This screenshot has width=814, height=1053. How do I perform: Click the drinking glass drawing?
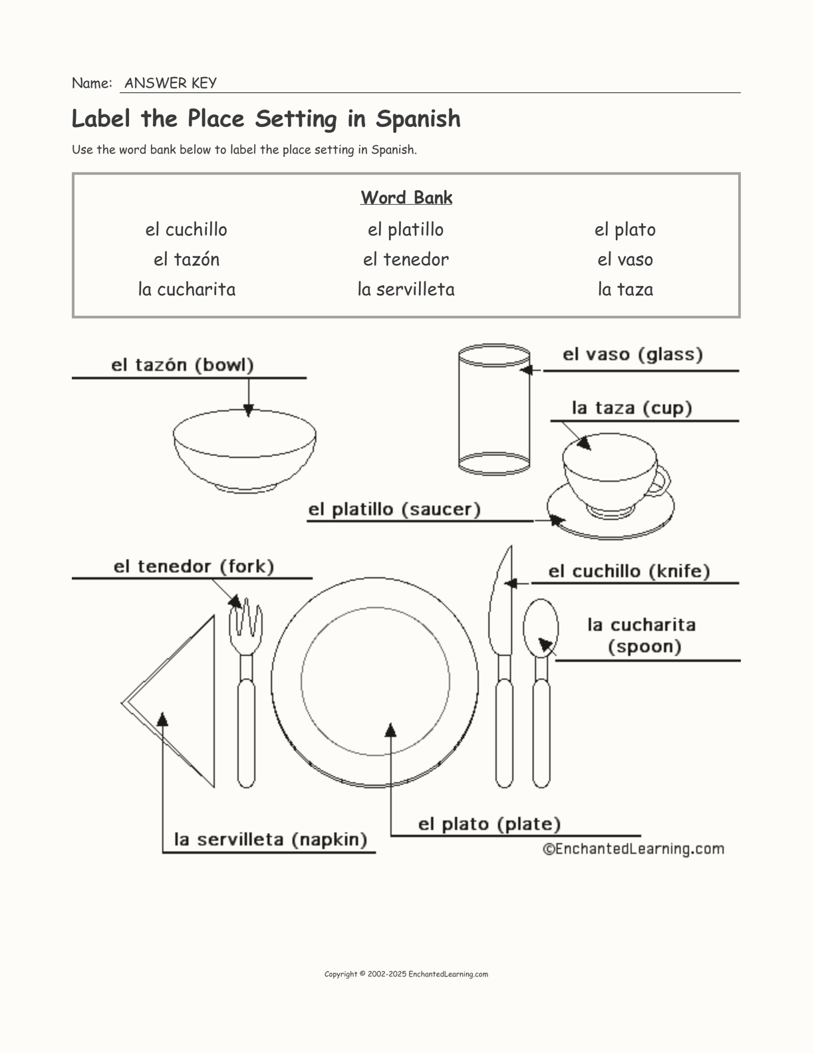(493, 409)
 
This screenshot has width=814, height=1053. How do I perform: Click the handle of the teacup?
(662, 481)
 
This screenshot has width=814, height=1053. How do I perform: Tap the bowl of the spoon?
(540, 628)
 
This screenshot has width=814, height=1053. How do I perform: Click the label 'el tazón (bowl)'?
(182, 365)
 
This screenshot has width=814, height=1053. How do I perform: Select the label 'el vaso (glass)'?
(632, 354)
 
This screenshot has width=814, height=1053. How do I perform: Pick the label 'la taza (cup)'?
(632, 408)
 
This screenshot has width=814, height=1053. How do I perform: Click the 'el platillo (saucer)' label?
(394, 510)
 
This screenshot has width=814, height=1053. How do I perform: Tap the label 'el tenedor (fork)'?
(194, 566)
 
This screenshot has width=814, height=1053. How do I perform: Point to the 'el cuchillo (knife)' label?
(629, 571)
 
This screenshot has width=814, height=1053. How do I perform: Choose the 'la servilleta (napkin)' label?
(271, 840)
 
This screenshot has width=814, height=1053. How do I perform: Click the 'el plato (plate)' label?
(489, 824)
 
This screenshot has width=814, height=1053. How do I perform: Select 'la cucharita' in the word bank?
(187, 289)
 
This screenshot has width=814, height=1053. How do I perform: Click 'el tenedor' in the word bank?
(406, 259)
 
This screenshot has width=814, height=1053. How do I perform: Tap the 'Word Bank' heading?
(406, 197)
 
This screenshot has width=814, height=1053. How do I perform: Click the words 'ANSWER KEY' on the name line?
(170, 83)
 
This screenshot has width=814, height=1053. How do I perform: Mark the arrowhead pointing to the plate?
(391, 730)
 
